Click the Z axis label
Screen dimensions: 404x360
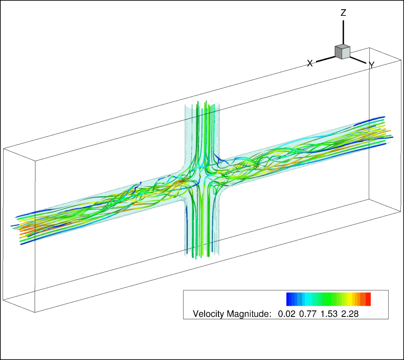tap(343, 13)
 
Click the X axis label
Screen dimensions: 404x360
tap(310, 63)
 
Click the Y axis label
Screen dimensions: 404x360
tap(372, 65)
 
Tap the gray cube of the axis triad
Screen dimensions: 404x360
tap(343, 52)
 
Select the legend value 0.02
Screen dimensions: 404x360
tap(286, 314)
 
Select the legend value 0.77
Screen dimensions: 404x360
tap(308, 314)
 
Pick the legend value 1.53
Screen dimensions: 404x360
tap(329, 314)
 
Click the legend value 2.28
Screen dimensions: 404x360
tap(350, 314)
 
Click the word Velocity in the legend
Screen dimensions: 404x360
tap(209, 314)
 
